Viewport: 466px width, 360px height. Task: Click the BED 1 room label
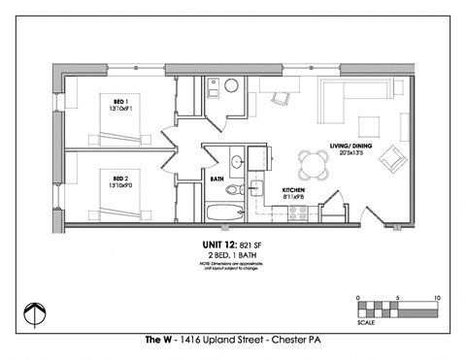coord(121,103)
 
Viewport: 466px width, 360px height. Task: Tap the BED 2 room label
coord(121,180)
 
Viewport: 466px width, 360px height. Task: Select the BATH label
coord(216,179)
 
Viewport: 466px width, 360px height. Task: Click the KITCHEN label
coord(294,189)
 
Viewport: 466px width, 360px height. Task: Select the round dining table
coord(316,159)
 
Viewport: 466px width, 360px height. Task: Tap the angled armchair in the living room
coord(393,157)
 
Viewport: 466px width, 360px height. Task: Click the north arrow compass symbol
coord(34,313)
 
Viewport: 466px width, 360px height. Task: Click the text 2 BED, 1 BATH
coord(233,256)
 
